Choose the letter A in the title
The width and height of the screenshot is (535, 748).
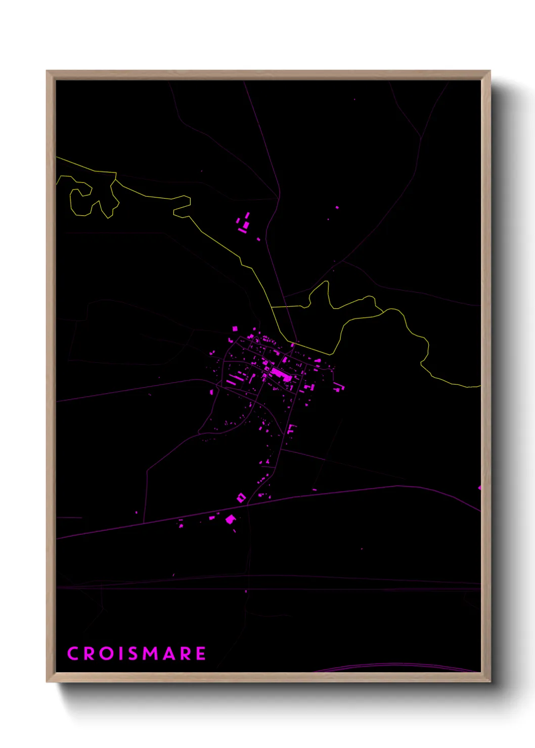[x=171, y=653]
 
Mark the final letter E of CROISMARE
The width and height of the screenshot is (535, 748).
[x=201, y=653]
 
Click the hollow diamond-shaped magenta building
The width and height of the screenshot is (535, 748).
[x=241, y=498]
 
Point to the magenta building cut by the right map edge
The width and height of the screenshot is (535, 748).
[x=479, y=488]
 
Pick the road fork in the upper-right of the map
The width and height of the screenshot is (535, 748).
[x=421, y=137]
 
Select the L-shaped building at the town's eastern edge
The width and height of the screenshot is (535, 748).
[x=338, y=387]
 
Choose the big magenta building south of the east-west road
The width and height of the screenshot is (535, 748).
[x=230, y=519]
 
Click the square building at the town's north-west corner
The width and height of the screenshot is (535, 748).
[x=235, y=329]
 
